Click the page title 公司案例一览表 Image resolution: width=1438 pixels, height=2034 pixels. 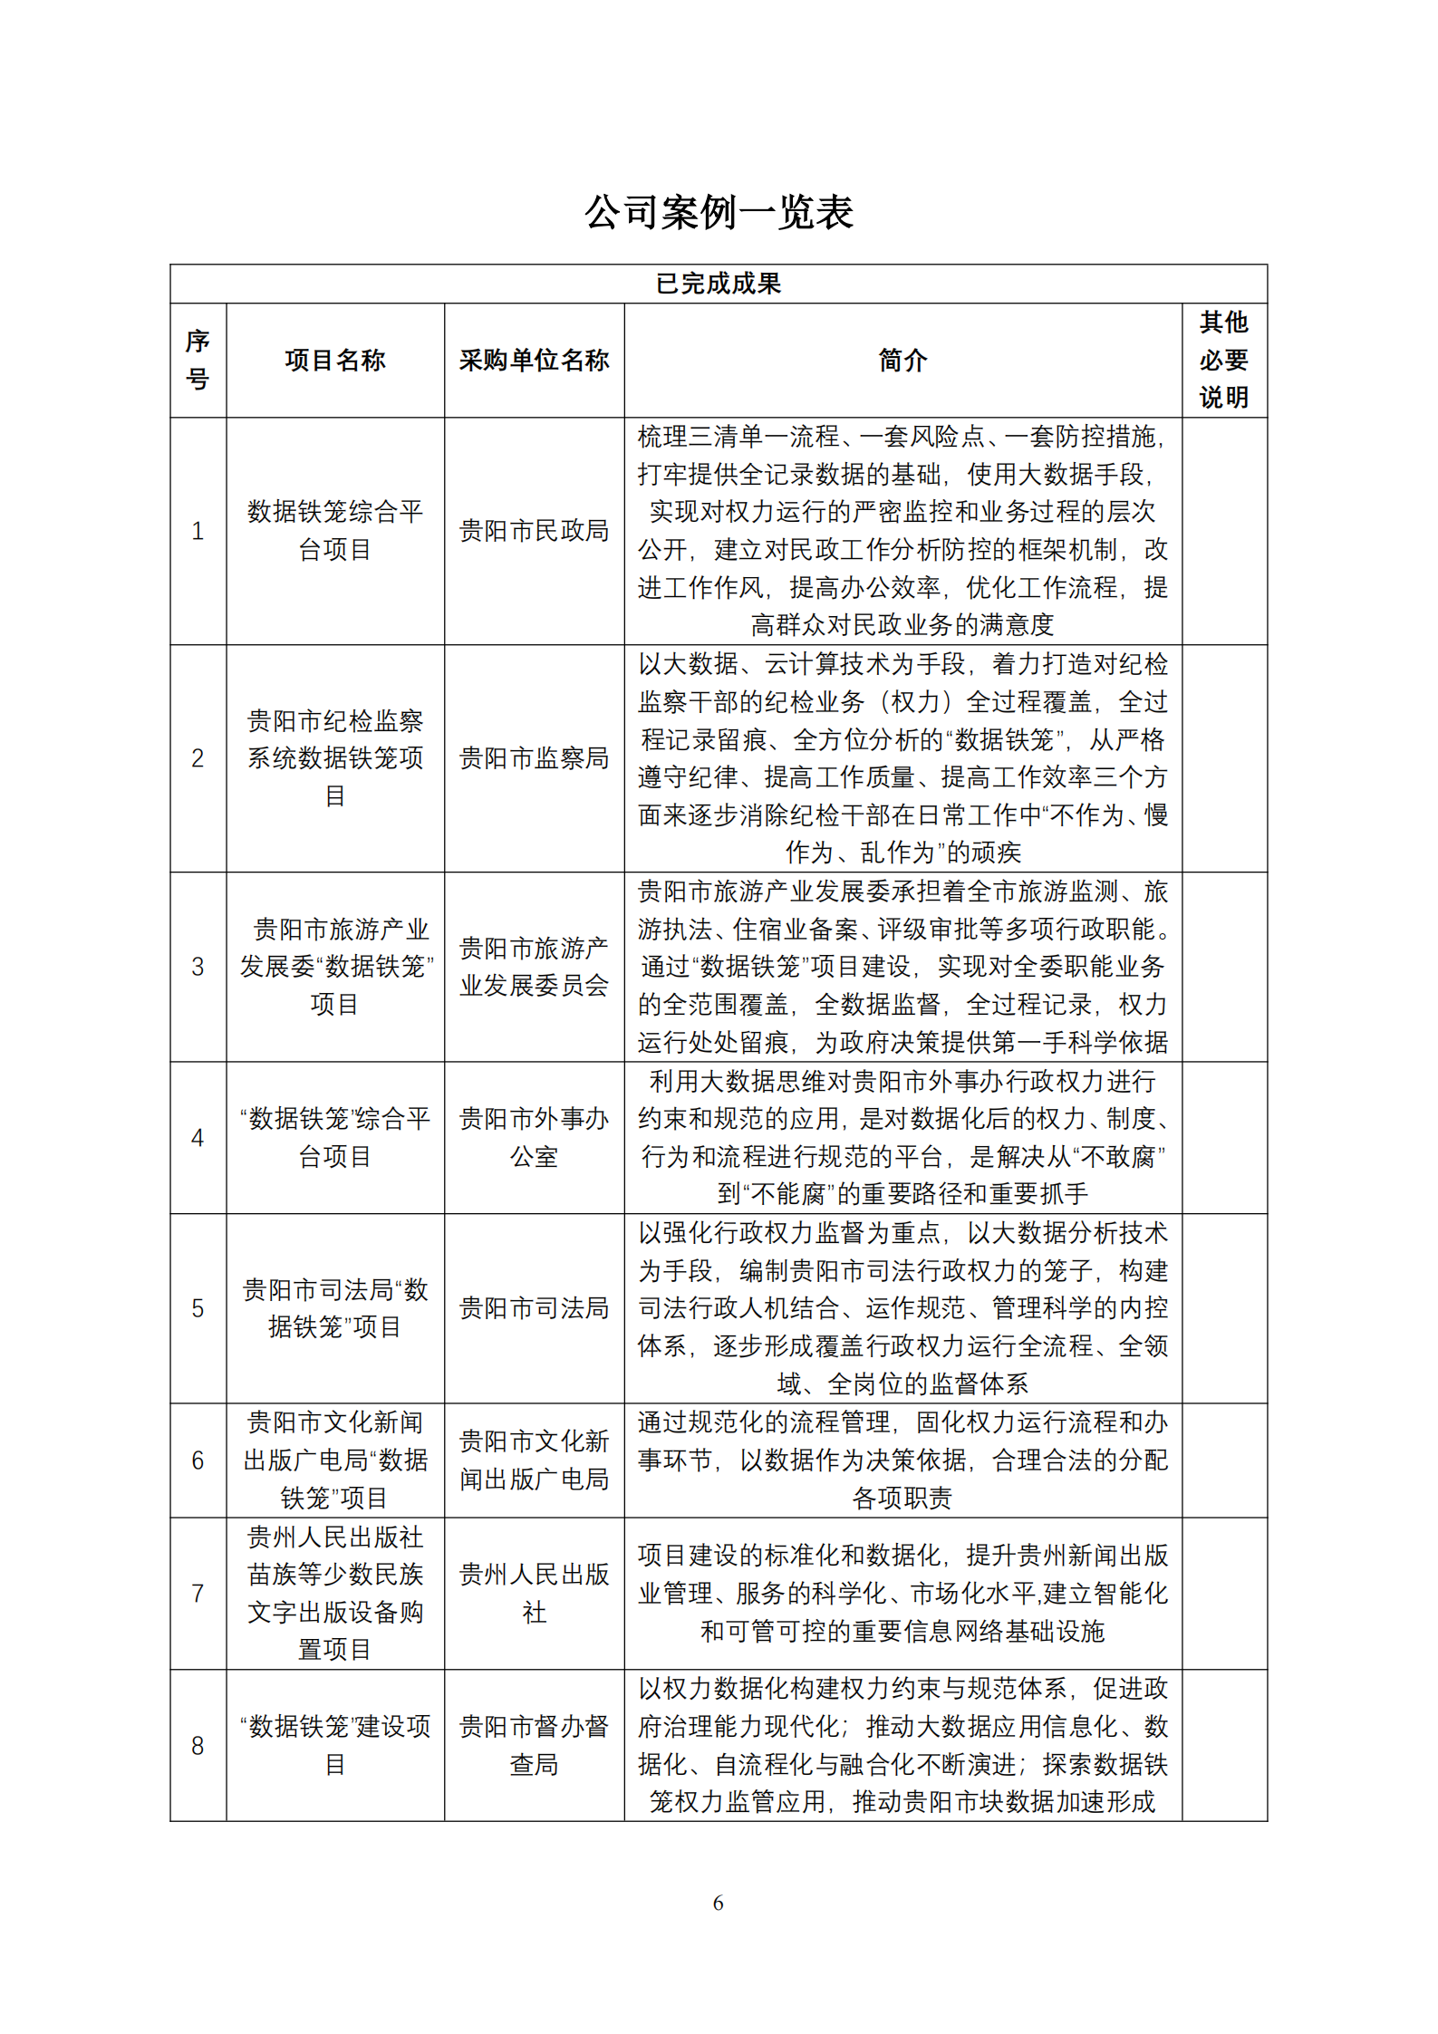719,213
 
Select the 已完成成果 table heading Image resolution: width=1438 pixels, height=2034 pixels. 719,284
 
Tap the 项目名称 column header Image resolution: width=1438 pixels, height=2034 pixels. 334,361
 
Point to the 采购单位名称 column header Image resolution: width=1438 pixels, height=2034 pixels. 534,361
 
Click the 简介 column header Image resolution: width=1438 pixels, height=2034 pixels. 902,361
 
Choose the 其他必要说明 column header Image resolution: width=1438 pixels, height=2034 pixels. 1223,360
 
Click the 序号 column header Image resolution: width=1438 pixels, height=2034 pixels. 198,360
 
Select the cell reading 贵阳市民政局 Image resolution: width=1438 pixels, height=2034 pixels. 534,531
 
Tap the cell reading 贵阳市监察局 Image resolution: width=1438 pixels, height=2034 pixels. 534,758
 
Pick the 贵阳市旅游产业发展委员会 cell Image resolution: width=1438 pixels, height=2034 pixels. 534,967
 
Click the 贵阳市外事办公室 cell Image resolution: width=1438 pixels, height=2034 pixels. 534,1137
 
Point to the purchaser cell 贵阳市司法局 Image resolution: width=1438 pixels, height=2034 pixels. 534,1307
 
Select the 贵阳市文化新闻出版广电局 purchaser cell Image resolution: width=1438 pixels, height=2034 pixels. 534,1460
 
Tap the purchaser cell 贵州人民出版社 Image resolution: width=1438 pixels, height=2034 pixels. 534,1593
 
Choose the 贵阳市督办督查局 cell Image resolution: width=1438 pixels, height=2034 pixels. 534,1745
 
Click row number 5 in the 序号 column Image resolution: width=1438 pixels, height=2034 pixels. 198,1308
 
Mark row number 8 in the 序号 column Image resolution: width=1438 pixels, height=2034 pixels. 198,1746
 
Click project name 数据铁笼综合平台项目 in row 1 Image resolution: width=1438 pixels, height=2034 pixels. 334,531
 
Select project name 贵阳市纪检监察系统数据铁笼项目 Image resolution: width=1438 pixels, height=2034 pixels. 334,758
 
